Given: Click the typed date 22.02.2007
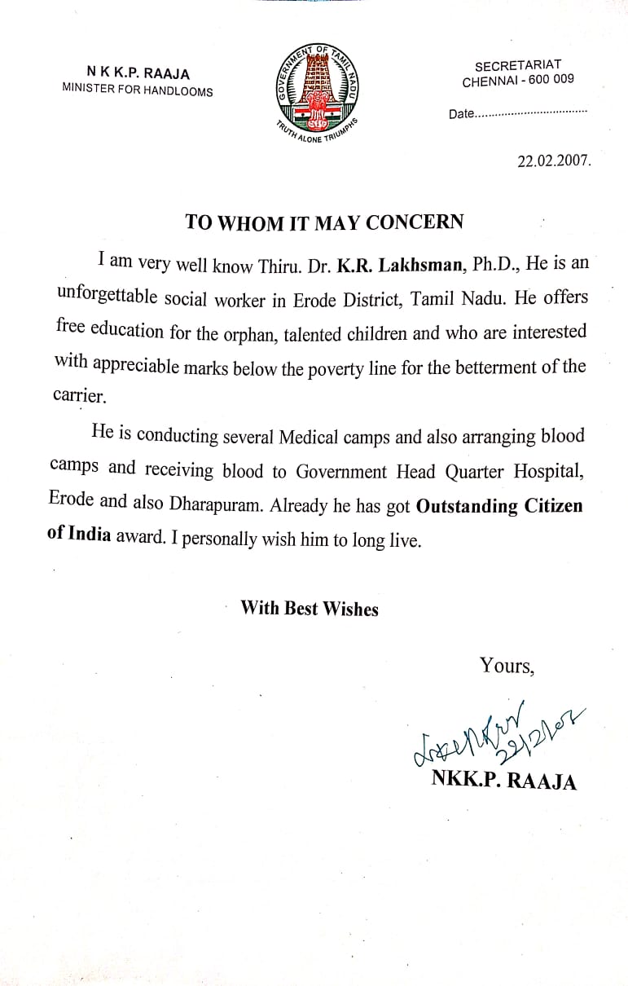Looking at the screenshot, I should point(554,161).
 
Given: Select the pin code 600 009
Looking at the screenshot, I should point(553,81).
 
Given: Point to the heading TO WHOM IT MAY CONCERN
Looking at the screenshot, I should point(324,222).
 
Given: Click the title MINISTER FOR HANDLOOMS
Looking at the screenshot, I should point(138,90).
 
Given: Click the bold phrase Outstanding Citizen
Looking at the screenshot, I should point(499,505).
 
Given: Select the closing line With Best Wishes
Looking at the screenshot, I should point(310,608).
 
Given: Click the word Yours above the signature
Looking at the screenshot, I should point(506,666).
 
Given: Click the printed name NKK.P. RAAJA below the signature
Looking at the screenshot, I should point(503,781).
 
